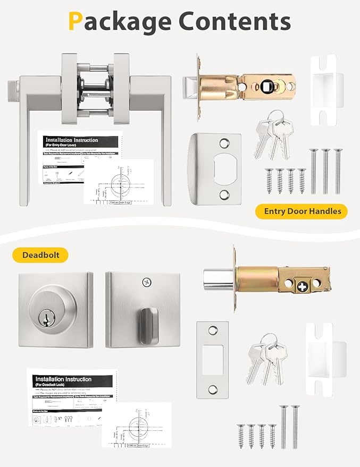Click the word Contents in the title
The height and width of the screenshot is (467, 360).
point(234,22)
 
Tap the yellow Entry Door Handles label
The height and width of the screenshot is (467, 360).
point(298,211)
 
